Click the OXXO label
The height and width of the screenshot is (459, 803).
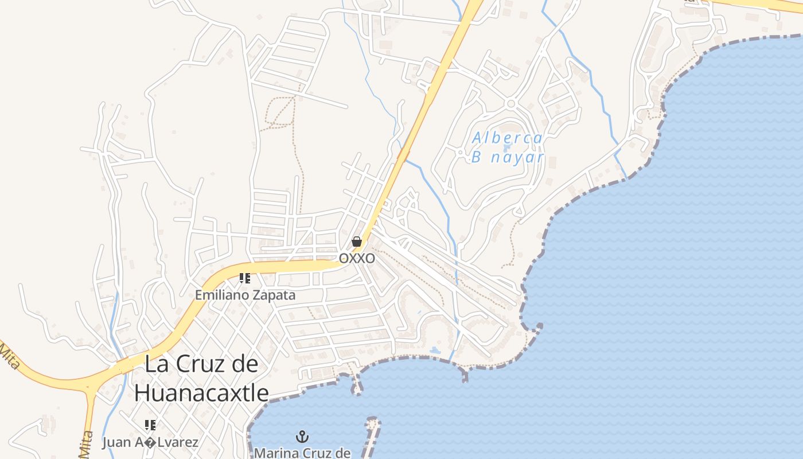coord(357,258)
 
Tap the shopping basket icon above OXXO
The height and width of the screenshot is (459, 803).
coord(357,242)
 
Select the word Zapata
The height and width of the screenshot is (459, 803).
coord(272,295)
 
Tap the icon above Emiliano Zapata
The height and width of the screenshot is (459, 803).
coord(245,279)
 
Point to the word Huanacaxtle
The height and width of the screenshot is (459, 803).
coord(201,393)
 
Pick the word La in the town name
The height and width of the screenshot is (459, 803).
coord(157,364)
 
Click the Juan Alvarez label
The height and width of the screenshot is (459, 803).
coord(150,442)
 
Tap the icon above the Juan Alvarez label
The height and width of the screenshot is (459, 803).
coord(150,425)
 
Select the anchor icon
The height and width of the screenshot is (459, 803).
coord(302,437)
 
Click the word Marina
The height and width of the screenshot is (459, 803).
coord(276,453)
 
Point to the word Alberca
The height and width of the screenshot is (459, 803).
coord(507,138)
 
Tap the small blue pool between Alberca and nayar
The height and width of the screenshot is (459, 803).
coord(506,147)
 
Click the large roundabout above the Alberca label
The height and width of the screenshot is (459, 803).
coord(510,104)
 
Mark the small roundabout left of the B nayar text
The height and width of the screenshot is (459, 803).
coord(460,153)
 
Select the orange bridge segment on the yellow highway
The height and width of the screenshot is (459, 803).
coord(404,153)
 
